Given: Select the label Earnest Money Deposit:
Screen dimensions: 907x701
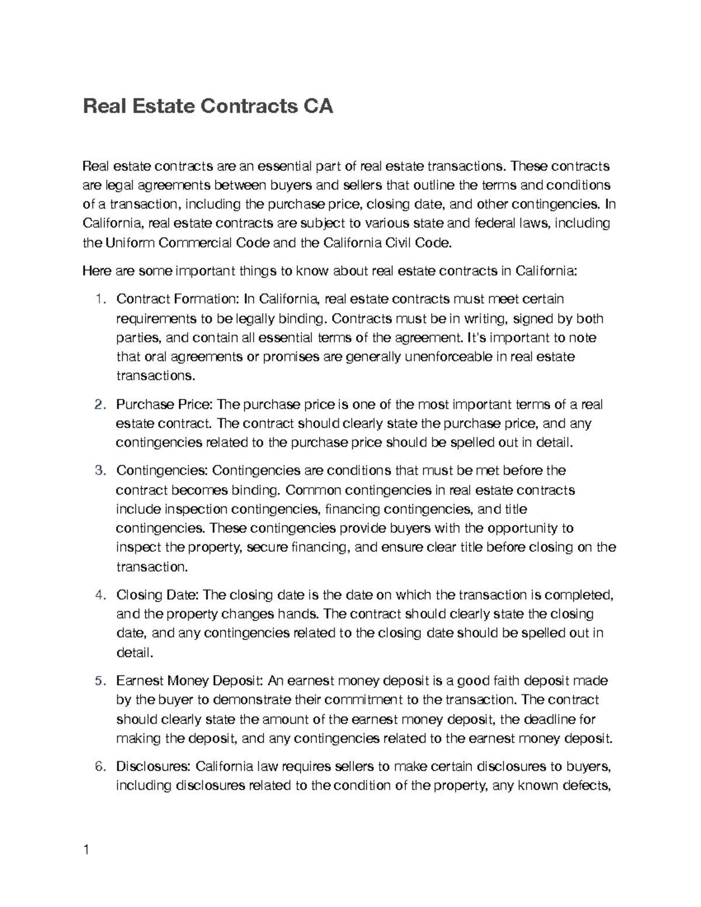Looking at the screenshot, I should click(191, 681).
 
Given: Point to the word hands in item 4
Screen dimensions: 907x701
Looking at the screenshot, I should click(297, 614).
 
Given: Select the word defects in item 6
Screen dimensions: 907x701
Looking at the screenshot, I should click(586, 786).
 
